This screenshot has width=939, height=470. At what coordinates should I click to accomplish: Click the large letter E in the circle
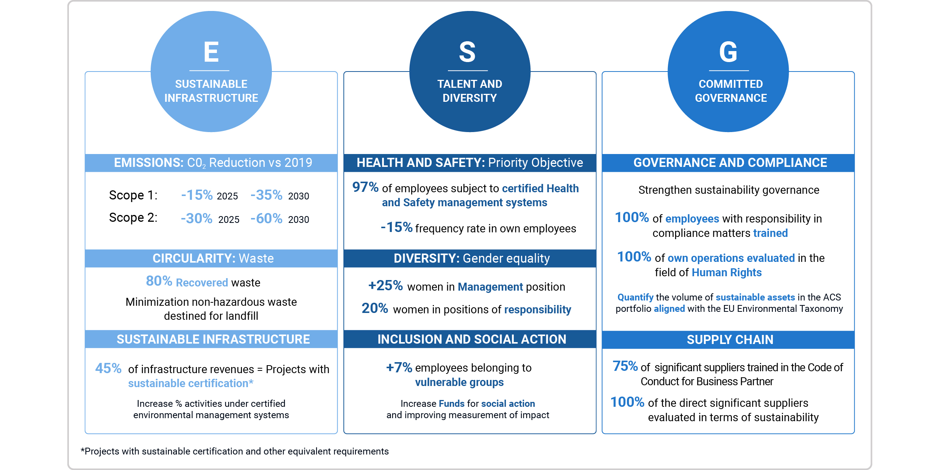[211, 52]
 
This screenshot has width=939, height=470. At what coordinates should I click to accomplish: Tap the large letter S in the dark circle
[467, 52]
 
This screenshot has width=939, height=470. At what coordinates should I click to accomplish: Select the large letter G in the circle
[728, 52]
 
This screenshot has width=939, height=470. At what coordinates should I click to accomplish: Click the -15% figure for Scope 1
[197, 195]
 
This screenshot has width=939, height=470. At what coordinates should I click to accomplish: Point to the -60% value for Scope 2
[267, 218]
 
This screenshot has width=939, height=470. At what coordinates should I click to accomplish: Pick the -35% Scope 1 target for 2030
[267, 195]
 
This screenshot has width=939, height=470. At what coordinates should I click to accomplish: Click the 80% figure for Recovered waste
[159, 281]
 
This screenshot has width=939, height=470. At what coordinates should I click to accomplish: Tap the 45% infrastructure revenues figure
[108, 368]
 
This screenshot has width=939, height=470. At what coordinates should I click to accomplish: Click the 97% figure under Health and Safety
[365, 187]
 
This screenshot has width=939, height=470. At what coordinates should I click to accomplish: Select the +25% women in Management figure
[385, 285]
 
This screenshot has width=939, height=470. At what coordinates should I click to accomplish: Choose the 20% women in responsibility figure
[374, 308]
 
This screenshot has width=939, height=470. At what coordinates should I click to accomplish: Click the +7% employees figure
[399, 367]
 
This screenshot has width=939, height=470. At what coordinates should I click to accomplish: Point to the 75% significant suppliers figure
[625, 366]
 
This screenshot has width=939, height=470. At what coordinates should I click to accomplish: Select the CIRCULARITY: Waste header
[212, 258]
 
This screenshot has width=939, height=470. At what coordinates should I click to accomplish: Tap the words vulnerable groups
[459, 382]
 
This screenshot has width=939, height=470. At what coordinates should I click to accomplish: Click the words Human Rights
[727, 272]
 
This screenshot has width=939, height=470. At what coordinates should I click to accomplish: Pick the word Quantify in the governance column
[635, 297]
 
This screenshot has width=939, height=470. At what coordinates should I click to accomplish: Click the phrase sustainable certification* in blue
[190, 383]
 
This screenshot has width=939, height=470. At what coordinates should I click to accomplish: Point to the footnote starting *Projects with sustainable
[235, 451]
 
